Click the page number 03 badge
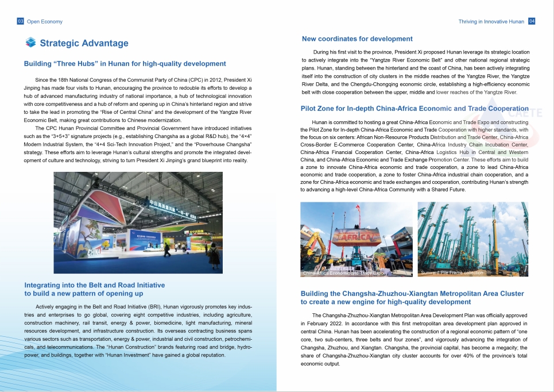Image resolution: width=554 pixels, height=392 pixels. click(x=21, y=21)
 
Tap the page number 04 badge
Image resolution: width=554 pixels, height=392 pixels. click(x=532, y=21)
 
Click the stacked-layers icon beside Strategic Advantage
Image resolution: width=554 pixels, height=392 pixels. click(x=31, y=43)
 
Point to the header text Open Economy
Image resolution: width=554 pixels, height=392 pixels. click(x=45, y=21)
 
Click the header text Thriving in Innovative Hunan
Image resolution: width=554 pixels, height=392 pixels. click(x=491, y=21)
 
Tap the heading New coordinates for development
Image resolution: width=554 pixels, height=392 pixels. click(x=357, y=39)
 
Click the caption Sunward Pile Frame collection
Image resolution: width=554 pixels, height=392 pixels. click(x=452, y=272)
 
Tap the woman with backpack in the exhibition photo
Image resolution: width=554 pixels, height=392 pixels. click(x=166, y=249)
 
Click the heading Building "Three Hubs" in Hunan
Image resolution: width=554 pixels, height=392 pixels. click(x=125, y=64)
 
